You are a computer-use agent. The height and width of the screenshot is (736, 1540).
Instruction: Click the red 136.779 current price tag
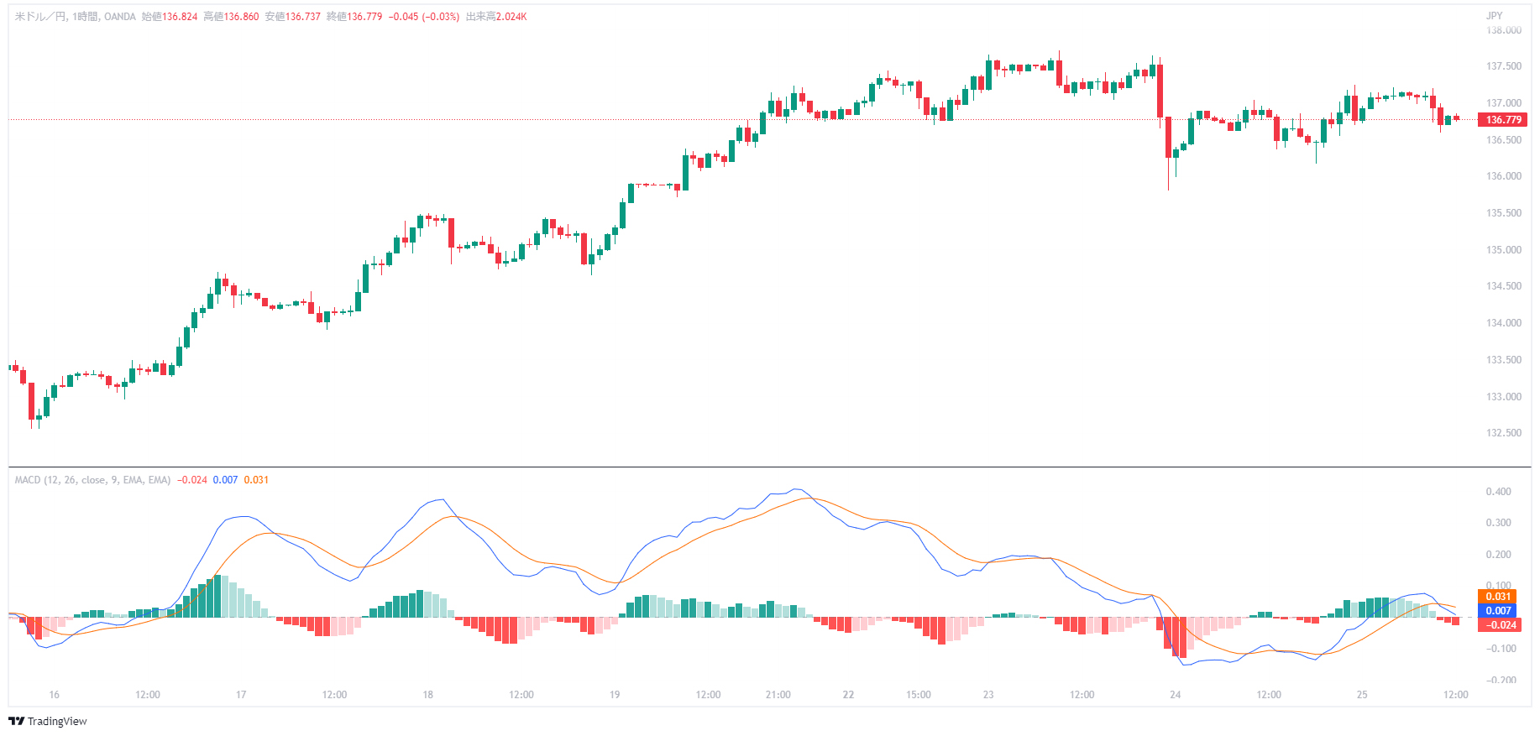click(1503, 120)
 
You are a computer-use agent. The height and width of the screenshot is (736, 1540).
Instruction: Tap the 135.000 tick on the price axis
click(1503, 250)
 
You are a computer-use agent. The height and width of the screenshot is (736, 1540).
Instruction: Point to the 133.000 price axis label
click(1503, 397)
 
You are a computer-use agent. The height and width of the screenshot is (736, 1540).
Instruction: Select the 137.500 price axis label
click(1503, 66)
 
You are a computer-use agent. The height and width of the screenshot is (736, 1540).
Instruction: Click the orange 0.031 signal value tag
click(1498, 597)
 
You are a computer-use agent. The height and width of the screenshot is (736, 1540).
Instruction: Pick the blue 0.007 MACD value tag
click(1498, 611)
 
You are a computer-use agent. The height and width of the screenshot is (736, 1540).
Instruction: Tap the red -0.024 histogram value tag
click(1501, 625)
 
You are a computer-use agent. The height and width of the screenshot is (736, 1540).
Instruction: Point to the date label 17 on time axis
click(241, 695)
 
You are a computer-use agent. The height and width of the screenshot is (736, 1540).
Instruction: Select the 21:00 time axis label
click(778, 695)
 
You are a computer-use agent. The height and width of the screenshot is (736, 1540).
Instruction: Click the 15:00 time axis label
click(918, 695)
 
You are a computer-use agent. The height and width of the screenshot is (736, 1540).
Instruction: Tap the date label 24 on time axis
click(1175, 695)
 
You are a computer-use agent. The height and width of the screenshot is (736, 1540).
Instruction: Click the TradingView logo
click(48, 722)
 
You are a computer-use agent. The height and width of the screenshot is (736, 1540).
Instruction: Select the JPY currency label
click(1494, 16)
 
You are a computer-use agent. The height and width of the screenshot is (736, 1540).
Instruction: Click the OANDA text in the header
click(120, 17)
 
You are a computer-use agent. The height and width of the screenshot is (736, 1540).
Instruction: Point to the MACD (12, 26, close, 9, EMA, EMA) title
click(92, 480)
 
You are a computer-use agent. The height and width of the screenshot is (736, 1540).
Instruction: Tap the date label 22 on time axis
click(848, 695)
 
